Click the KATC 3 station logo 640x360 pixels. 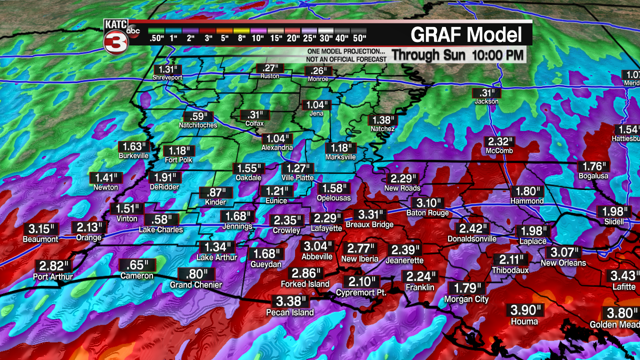[x=116, y=36]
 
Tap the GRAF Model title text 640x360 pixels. [x=466, y=34]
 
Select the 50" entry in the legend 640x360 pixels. [x=358, y=38]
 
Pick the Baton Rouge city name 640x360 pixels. [x=427, y=213]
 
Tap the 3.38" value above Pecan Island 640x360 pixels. [x=290, y=301]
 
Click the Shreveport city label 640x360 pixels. [x=167, y=78]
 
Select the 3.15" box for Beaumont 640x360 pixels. [x=40, y=229]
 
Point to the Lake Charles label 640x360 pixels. [x=161, y=230]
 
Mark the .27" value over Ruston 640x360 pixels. [x=270, y=68]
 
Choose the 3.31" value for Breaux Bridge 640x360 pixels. [x=369, y=215]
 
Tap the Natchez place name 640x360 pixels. [x=382, y=129]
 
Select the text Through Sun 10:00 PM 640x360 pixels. [x=457, y=55]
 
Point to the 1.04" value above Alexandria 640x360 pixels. [x=277, y=138]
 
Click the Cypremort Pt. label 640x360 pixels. [x=361, y=293]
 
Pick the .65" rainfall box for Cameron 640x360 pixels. [x=137, y=265]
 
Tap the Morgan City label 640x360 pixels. [x=466, y=299]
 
